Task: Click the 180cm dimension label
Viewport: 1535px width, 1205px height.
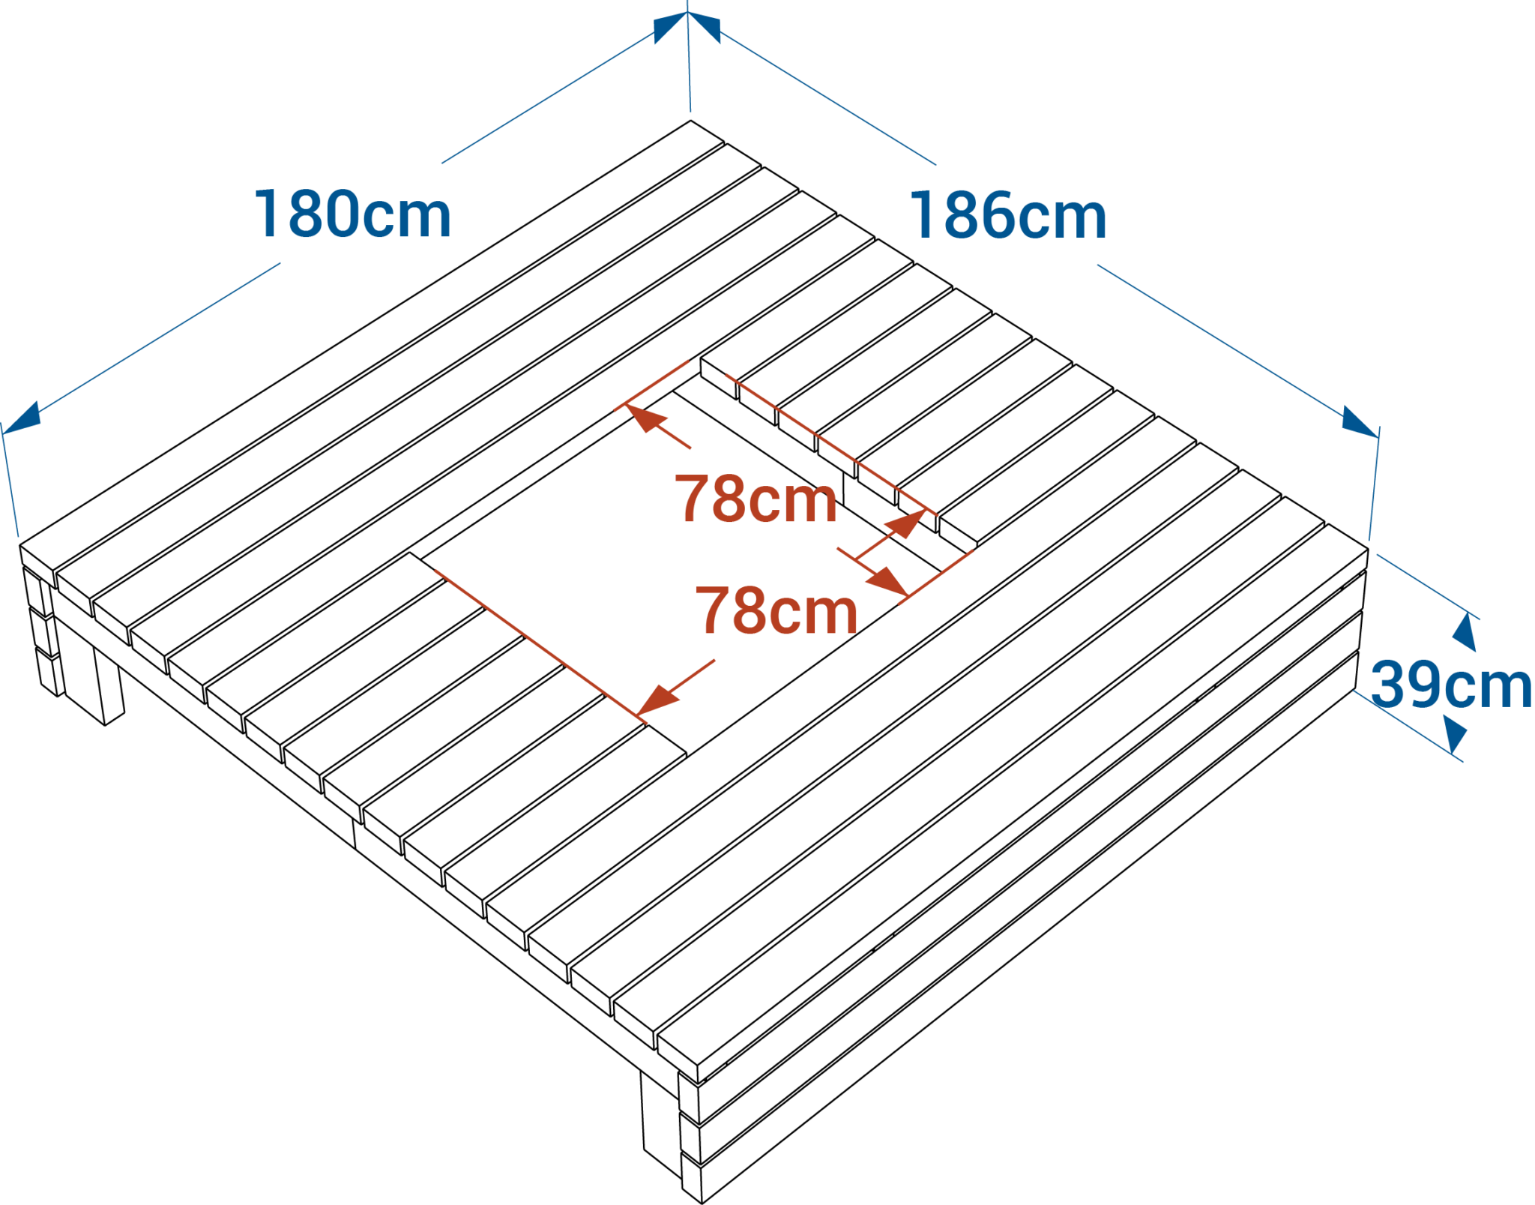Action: tap(353, 214)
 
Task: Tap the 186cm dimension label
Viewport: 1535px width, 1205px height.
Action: tap(1008, 216)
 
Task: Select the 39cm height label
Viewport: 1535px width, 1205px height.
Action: tap(1451, 685)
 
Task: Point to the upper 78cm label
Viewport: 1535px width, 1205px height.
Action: tap(756, 499)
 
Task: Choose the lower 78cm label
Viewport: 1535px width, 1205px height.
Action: tap(776, 610)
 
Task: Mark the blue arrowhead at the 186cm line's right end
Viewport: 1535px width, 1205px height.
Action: tap(1360, 421)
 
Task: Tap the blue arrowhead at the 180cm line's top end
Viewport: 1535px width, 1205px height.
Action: tap(670, 28)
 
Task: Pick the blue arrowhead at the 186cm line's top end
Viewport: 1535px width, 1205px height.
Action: tap(705, 28)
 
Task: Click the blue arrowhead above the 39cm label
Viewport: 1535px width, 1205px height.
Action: tap(1465, 632)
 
